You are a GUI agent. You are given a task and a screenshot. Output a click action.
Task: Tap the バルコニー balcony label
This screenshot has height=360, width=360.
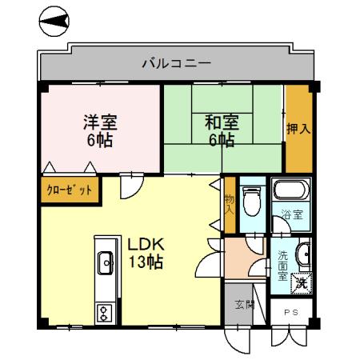(x=177, y=62)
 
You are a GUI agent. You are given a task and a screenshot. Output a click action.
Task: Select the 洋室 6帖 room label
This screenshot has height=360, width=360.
(x=100, y=131)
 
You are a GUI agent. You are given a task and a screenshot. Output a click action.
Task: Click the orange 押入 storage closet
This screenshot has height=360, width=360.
(x=298, y=128)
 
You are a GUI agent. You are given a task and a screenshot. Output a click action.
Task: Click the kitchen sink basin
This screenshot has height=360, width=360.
(x=105, y=261)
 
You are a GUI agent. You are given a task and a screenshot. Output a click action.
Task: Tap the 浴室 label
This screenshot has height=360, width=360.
(x=292, y=214)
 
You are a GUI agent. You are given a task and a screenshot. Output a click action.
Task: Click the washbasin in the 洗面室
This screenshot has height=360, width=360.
(x=302, y=254)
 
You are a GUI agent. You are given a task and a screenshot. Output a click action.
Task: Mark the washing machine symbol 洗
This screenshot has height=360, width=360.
(x=300, y=282)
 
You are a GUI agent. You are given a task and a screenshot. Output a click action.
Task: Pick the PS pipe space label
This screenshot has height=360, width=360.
(x=290, y=313)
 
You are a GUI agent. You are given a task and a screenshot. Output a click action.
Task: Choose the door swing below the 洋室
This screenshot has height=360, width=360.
(x=129, y=188)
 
